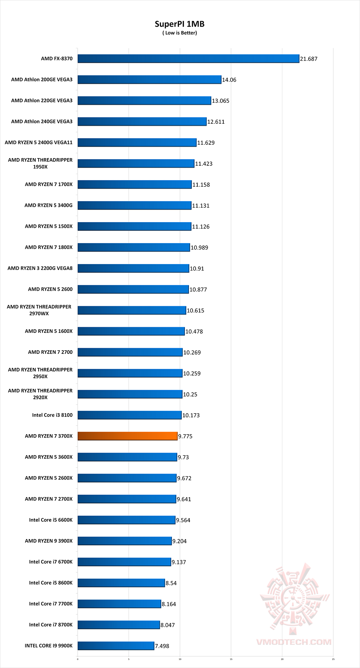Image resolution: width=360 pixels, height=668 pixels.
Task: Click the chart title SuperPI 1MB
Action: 179,24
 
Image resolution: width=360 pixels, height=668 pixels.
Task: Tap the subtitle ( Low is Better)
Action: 180,33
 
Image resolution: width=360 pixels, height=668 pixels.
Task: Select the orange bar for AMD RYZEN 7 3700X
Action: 127,436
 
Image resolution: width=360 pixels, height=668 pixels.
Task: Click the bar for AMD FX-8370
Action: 188,59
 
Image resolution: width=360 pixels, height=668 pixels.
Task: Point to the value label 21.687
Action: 309,59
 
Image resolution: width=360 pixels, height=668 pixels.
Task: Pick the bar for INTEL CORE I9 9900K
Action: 116,646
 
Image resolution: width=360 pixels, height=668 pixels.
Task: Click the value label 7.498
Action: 162,646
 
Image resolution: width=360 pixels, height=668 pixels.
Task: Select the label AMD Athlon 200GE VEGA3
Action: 42,80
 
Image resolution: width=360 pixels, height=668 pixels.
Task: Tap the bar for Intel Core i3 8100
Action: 129,415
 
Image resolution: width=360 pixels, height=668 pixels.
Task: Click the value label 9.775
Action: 185,436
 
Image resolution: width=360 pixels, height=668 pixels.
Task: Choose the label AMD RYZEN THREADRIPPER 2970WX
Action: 39,310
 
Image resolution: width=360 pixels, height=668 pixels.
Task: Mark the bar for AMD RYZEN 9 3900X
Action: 124,541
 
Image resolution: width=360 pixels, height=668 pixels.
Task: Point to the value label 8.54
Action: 171,583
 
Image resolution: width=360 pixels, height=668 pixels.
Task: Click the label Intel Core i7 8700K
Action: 51,625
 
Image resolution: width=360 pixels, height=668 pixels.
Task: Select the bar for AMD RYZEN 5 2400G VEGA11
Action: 137,142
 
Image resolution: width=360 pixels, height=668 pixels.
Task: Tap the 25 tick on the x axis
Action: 333,659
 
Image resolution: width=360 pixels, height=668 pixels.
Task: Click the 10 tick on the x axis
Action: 180,659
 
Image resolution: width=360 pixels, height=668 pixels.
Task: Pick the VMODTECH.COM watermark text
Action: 293,642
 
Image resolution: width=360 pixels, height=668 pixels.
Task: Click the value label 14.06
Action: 229,80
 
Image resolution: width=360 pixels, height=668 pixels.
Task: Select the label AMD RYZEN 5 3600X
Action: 49,457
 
